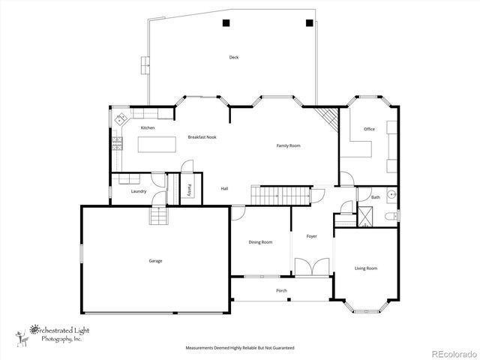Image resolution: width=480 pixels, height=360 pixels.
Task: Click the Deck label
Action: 234,57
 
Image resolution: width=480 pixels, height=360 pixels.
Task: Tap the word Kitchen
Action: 148,128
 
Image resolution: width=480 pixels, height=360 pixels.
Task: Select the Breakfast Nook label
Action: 202,137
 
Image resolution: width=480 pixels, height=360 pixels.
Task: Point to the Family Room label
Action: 288,145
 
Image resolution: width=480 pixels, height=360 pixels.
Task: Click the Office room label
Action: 369,129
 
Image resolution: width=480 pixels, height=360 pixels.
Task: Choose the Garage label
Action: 155,261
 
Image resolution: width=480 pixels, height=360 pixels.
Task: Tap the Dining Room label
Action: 260,242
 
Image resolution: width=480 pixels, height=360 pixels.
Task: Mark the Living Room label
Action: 366,268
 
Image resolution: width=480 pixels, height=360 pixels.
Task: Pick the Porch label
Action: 281,290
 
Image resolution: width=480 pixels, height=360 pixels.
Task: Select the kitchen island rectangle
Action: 157,148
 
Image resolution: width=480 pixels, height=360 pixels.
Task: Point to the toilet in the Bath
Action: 388,217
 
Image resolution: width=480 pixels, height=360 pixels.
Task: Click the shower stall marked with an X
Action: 365,220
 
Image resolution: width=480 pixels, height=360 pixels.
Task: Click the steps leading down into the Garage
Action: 159,216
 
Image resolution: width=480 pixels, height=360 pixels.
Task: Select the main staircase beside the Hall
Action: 279,196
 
